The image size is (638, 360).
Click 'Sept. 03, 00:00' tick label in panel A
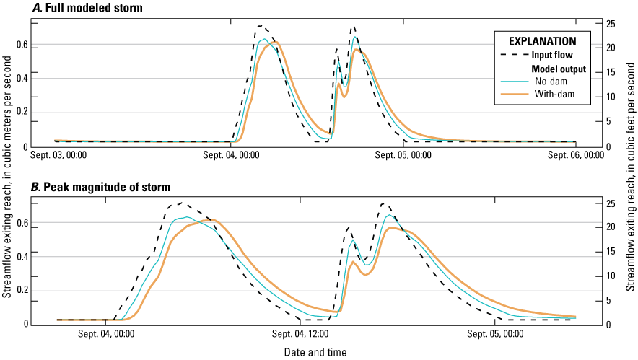(x=56, y=154)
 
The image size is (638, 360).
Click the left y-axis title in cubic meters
(x=7, y=180)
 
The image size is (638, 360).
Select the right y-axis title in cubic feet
(x=631, y=180)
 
